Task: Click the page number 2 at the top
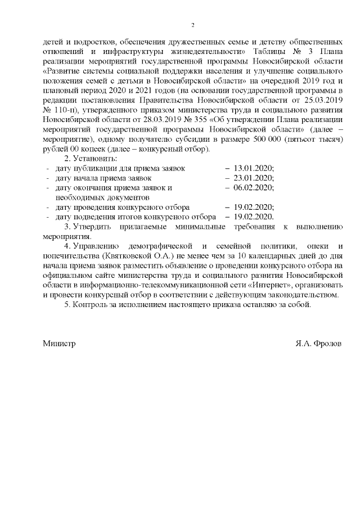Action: click(193, 25)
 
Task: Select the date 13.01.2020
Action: click(253, 168)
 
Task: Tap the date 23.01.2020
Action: click(253, 178)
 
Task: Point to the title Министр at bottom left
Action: click(59, 343)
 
